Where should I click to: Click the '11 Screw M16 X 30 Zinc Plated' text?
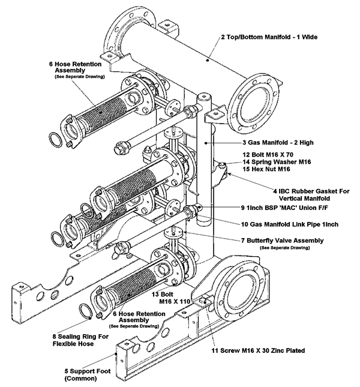click(x=262, y=350)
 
